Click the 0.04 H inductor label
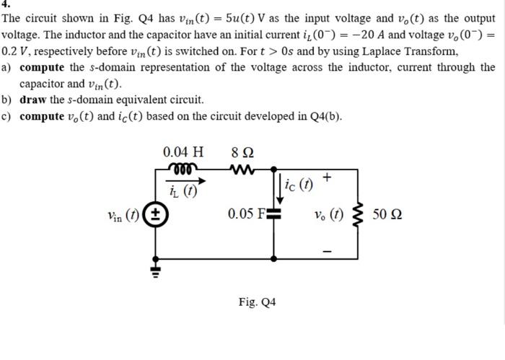[183, 152]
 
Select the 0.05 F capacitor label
[245, 214]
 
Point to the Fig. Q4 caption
[257, 302]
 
